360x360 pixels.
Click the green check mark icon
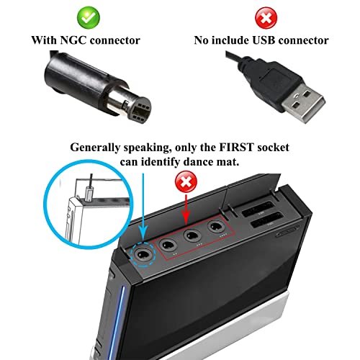(x=88, y=17)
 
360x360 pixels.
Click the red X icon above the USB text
(x=266, y=18)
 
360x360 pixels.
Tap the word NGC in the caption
(x=73, y=40)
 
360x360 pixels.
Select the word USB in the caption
(x=264, y=40)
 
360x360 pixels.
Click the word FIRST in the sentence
(x=236, y=147)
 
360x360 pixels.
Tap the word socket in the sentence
(x=273, y=147)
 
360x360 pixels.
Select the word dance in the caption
(x=197, y=162)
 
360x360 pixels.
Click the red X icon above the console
(x=186, y=181)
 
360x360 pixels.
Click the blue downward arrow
(x=143, y=209)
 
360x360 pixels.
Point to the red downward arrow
(x=186, y=210)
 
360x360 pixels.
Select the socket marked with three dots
(x=192, y=235)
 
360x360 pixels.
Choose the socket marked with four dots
(x=216, y=227)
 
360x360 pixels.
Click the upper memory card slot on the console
(x=258, y=208)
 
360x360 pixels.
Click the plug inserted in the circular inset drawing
(x=89, y=194)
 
